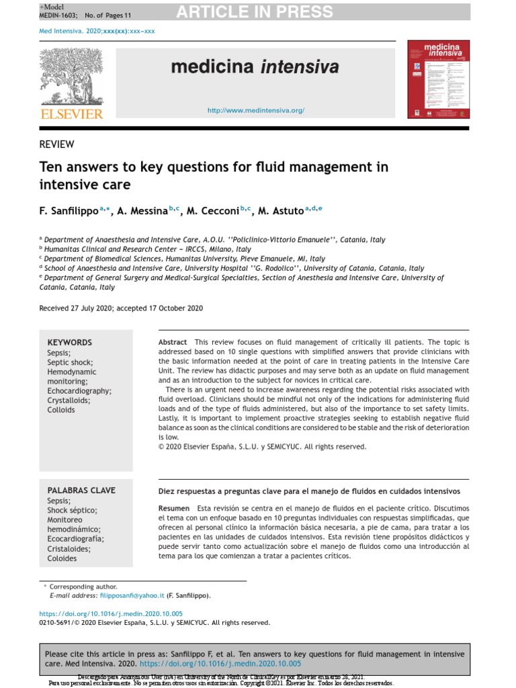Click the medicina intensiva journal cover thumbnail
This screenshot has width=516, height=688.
439,79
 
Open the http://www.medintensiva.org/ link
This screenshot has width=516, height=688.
255,110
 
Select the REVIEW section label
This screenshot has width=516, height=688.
57,144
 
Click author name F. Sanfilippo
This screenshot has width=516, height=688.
69,211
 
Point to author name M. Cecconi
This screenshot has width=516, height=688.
211,211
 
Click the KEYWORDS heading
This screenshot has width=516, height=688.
69,343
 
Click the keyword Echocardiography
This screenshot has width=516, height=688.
79,391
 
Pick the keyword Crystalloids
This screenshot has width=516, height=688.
69,400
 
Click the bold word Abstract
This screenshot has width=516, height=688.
173,342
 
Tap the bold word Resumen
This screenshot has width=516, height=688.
173,509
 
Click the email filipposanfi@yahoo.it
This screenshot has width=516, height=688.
132,595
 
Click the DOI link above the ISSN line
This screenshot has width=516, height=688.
111,613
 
